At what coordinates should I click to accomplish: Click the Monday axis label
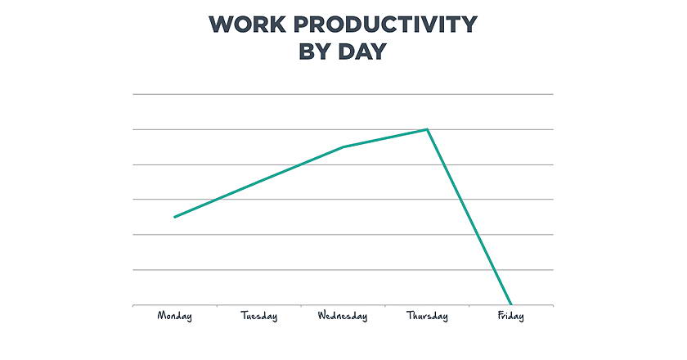pyautogui.click(x=174, y=316)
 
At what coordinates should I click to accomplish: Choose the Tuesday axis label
pyautogui.click(x=259, y=316)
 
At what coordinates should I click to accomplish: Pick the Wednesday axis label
pyautogui.click(x=343, y=316)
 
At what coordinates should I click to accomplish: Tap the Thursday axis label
pyautogui.click(x=427, y=316)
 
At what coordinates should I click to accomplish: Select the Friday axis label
pyautogui.click(x=511, y=316)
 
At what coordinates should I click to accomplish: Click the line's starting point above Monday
pyautogui.click(x=174, y=217)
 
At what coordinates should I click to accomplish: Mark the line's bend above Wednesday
pyautogui.click(x=343, y=147)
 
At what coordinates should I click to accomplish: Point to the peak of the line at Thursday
pyautogui.click(x=427, y=129)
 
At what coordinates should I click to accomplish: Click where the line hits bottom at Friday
pyautogui.click(x=511, y=304)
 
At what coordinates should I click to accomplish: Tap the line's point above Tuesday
pyautogui.click(x=259, y=182)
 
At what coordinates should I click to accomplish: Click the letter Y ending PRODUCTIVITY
pyautogui.click(x=468, y=24)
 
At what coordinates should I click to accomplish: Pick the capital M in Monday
pyautogui.click(x=161, y=315)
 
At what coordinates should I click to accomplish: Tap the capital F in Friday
pyautogui.click(x=501, y=315)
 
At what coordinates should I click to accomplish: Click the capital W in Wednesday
pyautogui.click(x=322, y=315)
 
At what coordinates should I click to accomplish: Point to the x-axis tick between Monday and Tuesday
pyautogui.click(x=217, y=306)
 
